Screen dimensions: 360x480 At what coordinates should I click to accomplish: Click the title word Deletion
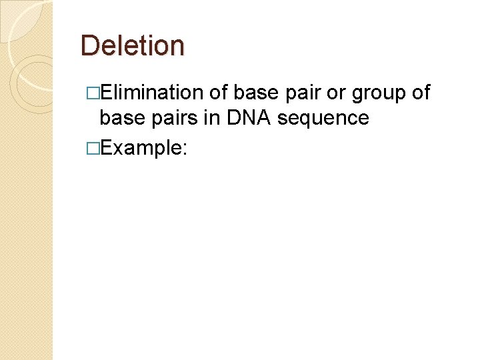pos(132,46)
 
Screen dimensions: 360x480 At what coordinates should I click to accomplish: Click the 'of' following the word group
pos(421,93)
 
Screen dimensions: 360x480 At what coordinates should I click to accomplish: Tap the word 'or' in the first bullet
pos(337,93)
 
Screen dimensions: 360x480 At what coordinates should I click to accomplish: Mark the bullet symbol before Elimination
pos(93,93)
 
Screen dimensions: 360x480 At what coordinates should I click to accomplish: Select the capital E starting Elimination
pos(105,93)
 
